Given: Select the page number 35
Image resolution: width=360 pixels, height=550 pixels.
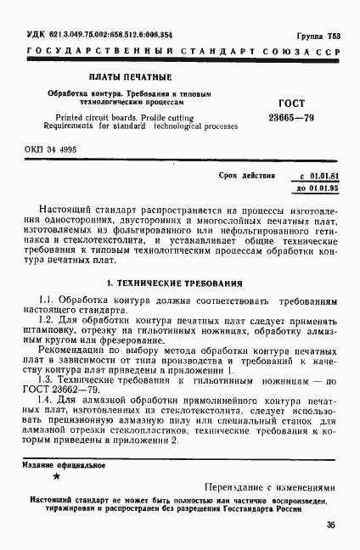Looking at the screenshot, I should pos(330,524).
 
